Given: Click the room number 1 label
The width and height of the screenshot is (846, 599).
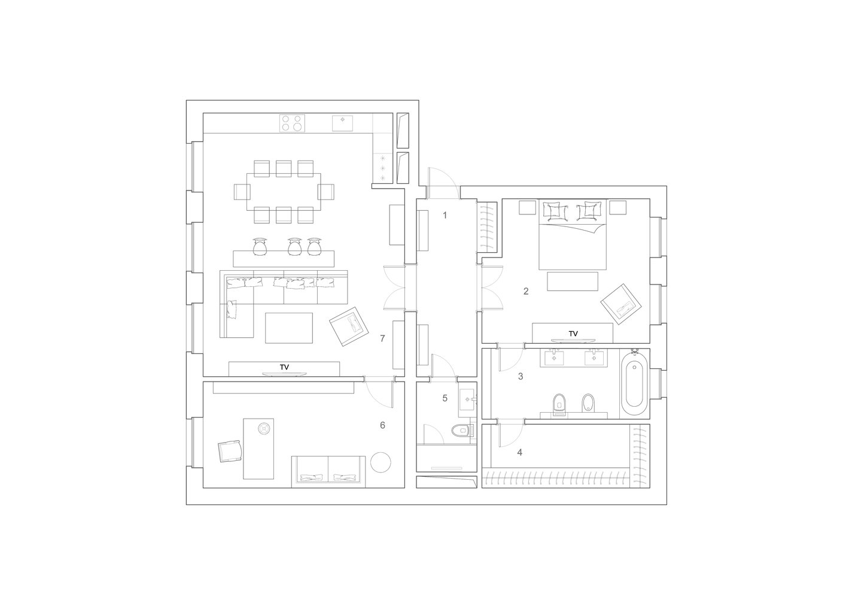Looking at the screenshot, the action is point(445,215).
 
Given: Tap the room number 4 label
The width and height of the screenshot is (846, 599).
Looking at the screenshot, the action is point(520,452).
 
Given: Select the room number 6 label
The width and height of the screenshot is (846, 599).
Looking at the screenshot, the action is point(382,425).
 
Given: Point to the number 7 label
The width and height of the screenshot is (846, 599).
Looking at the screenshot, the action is point(382,338).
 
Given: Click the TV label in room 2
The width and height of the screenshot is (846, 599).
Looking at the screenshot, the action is point(573,334).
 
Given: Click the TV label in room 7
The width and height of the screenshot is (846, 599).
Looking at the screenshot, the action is point(284,367).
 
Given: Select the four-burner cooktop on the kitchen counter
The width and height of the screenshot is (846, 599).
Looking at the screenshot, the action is point(292,123).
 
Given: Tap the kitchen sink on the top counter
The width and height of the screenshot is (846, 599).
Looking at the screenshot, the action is point(343,123).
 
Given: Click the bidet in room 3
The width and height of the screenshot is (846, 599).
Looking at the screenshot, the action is point(588,403).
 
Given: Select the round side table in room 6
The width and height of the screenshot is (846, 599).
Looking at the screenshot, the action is point(381,462).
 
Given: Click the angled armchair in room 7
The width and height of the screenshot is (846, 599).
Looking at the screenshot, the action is point(349,326).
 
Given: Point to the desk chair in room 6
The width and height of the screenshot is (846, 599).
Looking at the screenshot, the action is point(230,451).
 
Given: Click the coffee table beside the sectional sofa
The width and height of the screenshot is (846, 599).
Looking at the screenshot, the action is point(289,328).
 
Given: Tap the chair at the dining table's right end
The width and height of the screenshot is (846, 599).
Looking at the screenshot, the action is point(326,192).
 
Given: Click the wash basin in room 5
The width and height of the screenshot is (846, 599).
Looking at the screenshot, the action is point(468,399).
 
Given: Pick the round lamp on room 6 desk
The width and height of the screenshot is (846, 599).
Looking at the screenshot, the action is point(264,428).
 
